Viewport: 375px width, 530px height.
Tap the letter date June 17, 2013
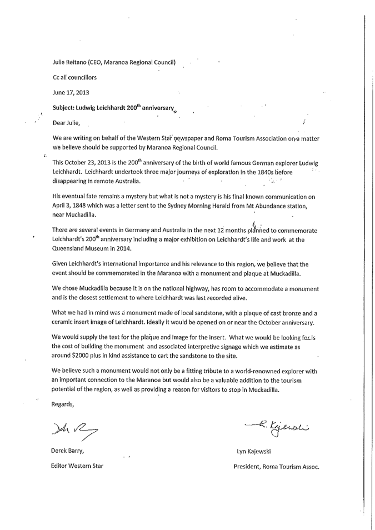pos(71,92)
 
